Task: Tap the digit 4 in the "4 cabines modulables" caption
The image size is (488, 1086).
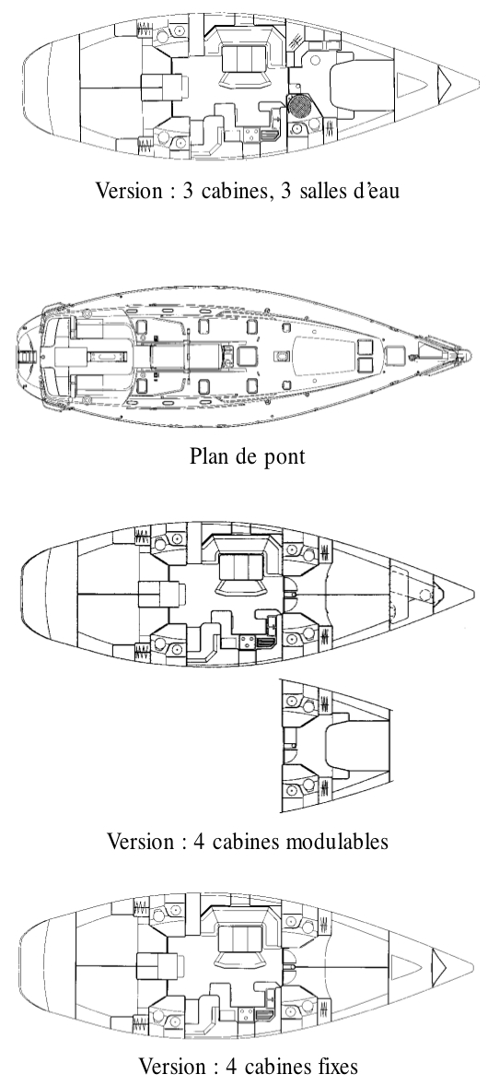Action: click(200, 842)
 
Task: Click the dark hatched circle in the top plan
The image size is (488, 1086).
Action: click(300, 106)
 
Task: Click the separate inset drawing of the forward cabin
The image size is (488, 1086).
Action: click(336, 747)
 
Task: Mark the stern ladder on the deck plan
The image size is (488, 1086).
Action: click(27, 356)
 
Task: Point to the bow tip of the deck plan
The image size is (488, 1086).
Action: click(471, 356)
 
